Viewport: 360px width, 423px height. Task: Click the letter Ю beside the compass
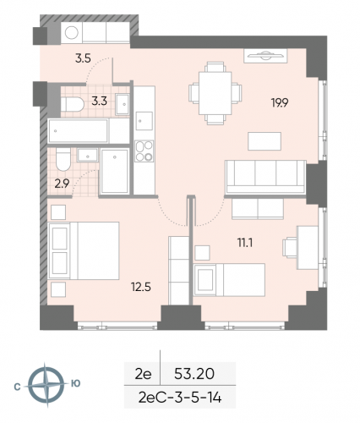(x=75, y=383)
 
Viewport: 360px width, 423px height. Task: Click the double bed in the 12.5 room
(x=83, y=250)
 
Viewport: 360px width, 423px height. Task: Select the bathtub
(x=79, y=130)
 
